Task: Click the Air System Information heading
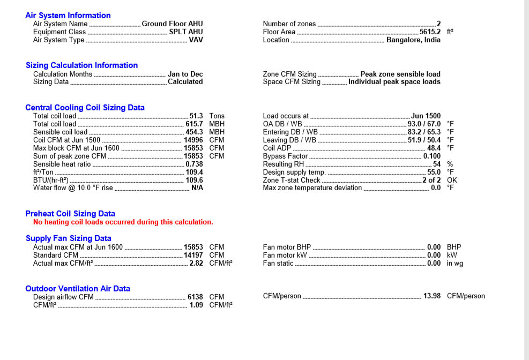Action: point(68,16)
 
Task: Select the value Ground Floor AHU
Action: point(172,24)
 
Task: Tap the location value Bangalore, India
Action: point(413,40)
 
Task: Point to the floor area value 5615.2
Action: point(430,32)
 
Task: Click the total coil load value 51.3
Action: point(196,116)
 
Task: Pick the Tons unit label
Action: point(217,116)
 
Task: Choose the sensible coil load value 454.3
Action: point(194,132)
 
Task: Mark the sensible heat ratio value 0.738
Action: point(194,164)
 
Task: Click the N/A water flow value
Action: point(197,188)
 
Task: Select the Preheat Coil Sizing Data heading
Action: point(70,214)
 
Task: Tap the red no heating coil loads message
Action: point(123,222)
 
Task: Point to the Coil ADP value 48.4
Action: point(434,148)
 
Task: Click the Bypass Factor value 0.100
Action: point(431,156)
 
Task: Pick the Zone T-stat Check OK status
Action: point(452,180)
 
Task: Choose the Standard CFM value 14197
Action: point(193,255)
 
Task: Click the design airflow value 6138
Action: point(195,297)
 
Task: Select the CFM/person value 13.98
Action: point(431,296)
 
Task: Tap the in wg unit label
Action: point(455,263)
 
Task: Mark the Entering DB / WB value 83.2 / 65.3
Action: point(424,132)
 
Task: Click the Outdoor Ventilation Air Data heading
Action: point(78,289)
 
